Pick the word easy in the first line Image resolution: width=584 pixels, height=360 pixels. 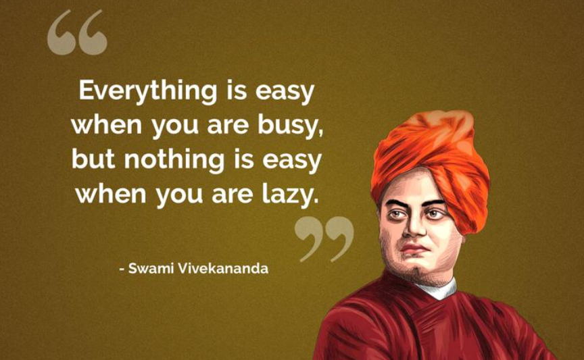pos(285,93)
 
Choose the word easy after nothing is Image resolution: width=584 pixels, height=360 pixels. pos(292,162)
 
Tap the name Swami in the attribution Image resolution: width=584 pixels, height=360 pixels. pos(151,268)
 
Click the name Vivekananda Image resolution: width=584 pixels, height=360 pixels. pos(223,268)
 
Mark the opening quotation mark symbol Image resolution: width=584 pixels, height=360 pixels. pos(78,33)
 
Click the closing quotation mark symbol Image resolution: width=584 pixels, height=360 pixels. pos(324,239)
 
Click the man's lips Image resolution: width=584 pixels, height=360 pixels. pos(414,249)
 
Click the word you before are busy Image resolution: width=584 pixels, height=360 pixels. pos(174,128)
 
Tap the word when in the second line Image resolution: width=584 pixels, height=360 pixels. pos(107,125)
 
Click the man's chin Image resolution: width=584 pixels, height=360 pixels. pos(414,268)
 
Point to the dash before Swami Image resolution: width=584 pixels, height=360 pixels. pos(122,269)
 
